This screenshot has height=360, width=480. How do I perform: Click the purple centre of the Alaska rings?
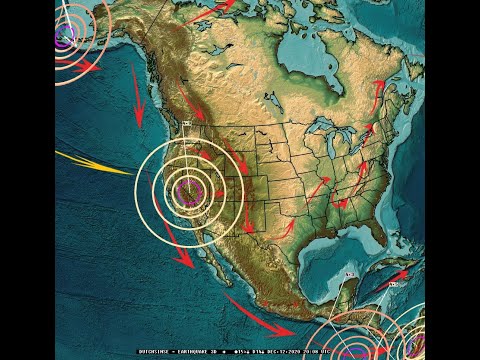(62, 37)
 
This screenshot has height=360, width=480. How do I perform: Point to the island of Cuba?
(385, 262)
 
